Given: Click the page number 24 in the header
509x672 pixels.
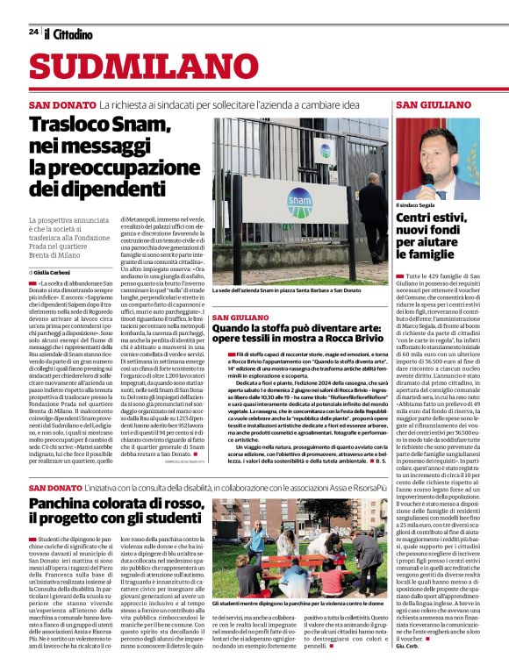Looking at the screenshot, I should point(32,32).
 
